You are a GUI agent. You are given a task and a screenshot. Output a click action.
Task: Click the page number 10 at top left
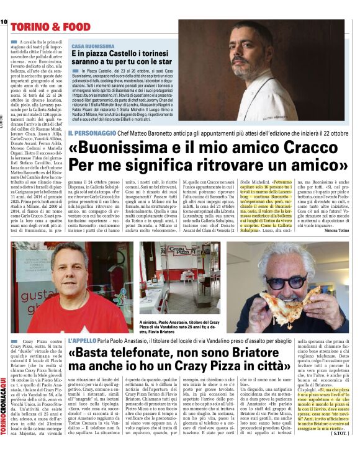pyautogui.click(x=3, y=22)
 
